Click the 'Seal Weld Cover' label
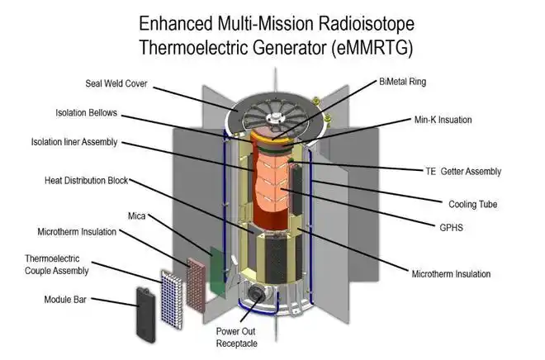[x=116, y=83]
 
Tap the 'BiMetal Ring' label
[x=402, y=82]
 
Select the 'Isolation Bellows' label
[x=86, y=113]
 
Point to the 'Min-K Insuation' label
[x=443, y=120]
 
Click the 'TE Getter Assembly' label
[x=463, y=171]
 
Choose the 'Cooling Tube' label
[x=472, y=204]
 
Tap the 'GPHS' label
[x=451, y=228]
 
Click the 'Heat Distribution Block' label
[x=86, y=181]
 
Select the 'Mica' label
[x=136, y=216]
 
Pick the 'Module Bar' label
[x=65, y=300]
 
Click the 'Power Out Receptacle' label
[x=236, y=338]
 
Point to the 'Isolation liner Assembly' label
[x=74, y=142]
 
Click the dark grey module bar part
[x=145, y=315]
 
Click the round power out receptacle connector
[x=256, y=295]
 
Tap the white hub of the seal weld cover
[x=275, y=118]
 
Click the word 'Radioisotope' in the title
[x=365, y=24]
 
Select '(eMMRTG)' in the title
[x=372, y=47]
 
